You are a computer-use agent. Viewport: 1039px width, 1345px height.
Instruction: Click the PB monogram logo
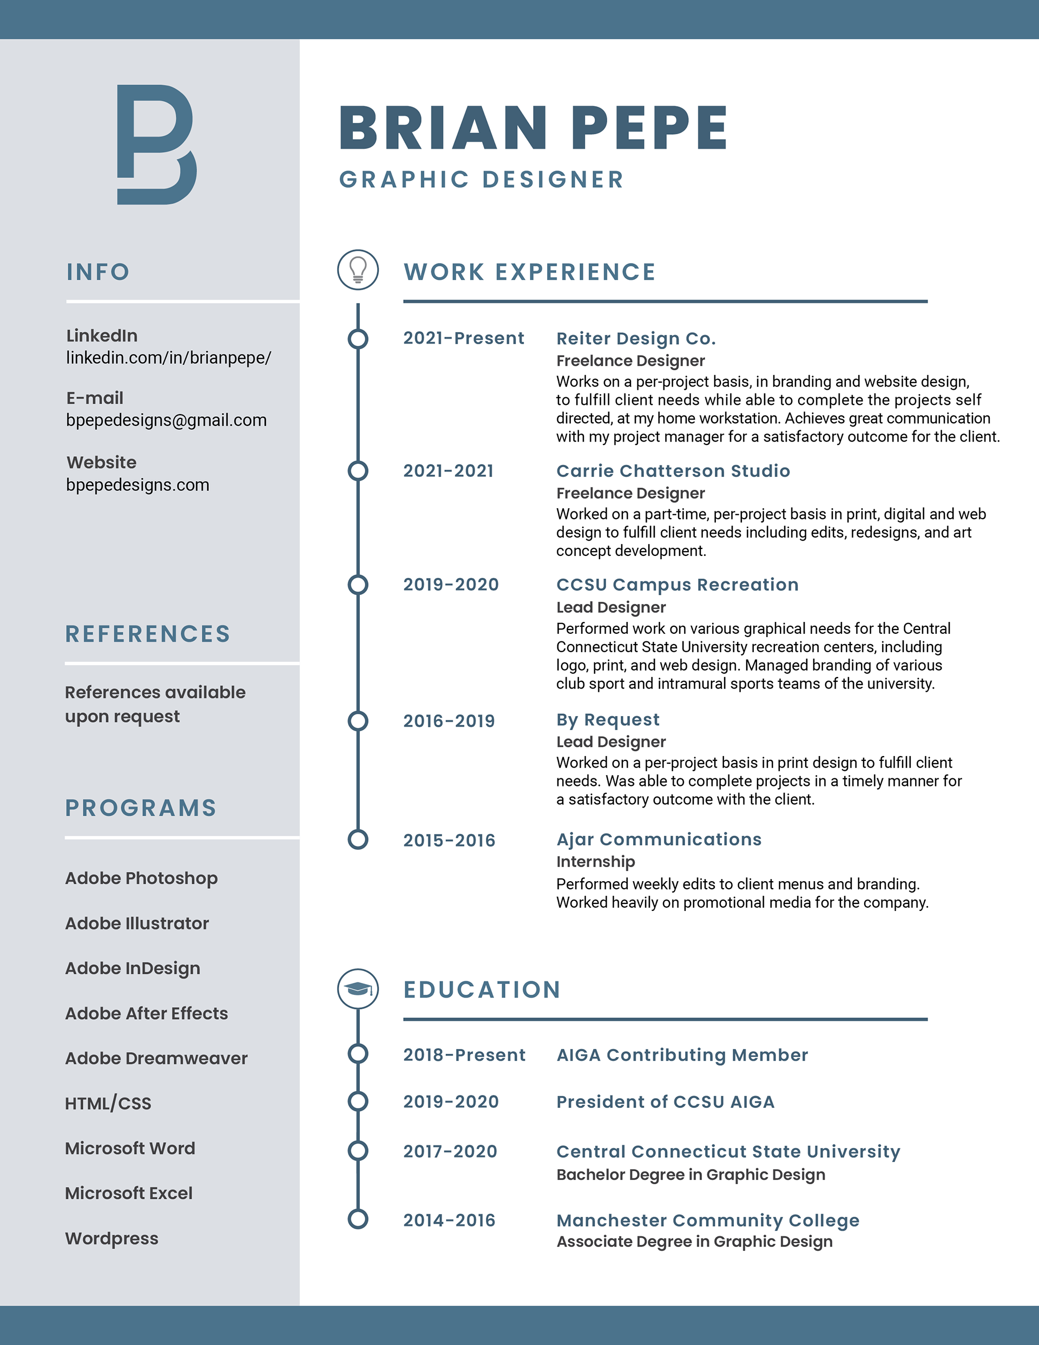coord(156,145)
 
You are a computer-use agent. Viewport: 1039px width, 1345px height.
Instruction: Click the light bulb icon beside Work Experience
coord(358,270)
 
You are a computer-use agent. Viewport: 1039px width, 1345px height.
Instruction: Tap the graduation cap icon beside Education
coord(358,988)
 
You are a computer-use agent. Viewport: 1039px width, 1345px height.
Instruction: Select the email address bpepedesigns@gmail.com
coord(166,420)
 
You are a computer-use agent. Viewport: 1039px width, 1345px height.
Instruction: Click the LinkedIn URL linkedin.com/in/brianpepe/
coord(168,358)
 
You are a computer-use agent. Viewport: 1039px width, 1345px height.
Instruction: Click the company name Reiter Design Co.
coord(636,338)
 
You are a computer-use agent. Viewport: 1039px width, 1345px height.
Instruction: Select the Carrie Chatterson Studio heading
coord(673,470)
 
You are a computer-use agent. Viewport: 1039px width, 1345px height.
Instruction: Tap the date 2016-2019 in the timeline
coord(449,720)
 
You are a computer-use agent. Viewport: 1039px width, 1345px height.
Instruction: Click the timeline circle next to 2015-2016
coord(358,839)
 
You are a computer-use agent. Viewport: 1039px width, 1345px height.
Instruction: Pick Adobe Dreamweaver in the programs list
coord(156,1058)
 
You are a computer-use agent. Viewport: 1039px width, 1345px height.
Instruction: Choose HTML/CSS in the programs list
coord(108,1103)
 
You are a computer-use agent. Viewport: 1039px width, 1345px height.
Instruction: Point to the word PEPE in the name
coord(649,128)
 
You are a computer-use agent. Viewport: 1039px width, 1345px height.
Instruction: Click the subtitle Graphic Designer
coord(482,179)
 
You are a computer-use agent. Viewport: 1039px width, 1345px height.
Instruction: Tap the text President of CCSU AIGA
coord(665,1102)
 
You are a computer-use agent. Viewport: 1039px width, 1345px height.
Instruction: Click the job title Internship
coord(596,862)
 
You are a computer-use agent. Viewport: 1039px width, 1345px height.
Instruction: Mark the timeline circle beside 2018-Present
coord(358,1054)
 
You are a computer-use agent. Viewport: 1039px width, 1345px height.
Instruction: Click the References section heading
coord(148,634)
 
